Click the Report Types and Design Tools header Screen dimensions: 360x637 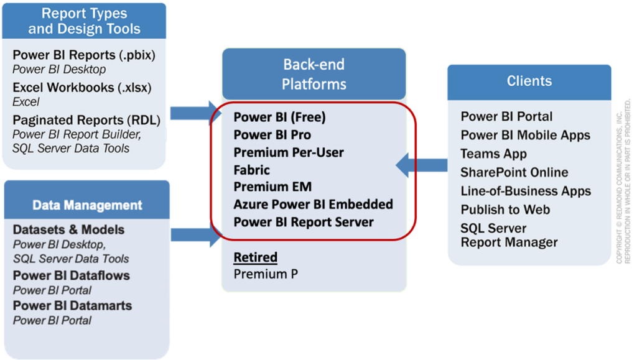tap(84, 21)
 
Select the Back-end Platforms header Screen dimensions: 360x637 tap(314, 73)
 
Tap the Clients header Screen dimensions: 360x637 tap(529, 81)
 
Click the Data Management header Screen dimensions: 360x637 tap(87, 205)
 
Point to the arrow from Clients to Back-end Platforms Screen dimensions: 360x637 tap(422, 165)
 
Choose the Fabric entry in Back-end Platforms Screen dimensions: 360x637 tap(252, 170)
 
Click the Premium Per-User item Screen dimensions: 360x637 tap(289, 152)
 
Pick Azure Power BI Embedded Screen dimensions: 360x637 tap(313, 205)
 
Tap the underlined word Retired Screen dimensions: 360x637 tap(255, 257)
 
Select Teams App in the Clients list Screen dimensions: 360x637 tap(493, 154)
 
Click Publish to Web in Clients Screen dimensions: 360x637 tap(505, 210)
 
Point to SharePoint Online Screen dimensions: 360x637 tap(514, 172)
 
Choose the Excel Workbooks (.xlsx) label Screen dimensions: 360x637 tap(82, 88)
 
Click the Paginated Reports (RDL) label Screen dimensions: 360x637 tap(86, 120)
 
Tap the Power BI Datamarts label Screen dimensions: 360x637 tap(72, 306)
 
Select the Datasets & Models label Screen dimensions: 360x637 tap(68, 230)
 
